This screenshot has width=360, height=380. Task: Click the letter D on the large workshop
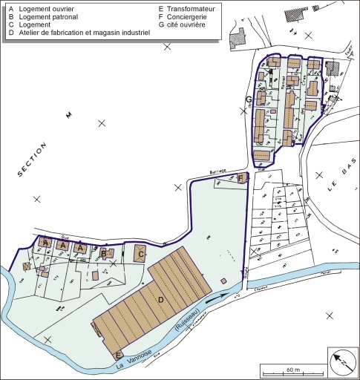click(161, 299)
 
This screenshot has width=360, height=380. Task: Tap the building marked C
click(140, 254)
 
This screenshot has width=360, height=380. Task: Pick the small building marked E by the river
click(119, 355)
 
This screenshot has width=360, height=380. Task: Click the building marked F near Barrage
click(241, 177)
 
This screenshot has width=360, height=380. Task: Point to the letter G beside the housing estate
click(248, 99)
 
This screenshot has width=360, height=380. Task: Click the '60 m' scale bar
click(291, 369)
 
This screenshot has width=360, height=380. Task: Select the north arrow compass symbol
click(342, 359)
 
